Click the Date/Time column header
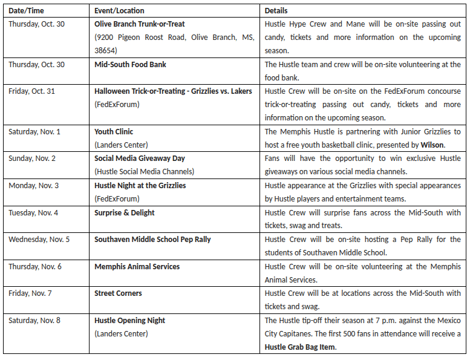click(25, 10)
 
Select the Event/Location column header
click(118, 10)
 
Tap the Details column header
click(276, 10)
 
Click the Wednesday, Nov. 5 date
click(39, 239)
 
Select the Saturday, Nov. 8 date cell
click(34, 320)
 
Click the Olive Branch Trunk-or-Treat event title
click(139, 24)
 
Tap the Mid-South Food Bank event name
click(130, 64)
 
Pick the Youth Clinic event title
click(114, 131)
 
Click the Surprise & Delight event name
click(124, 212)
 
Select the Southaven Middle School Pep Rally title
click(152, 239)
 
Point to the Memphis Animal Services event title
click(137, 266)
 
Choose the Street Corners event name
click(118, 293)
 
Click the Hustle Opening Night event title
click(129, 320)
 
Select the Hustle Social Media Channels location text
click(144, 172)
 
